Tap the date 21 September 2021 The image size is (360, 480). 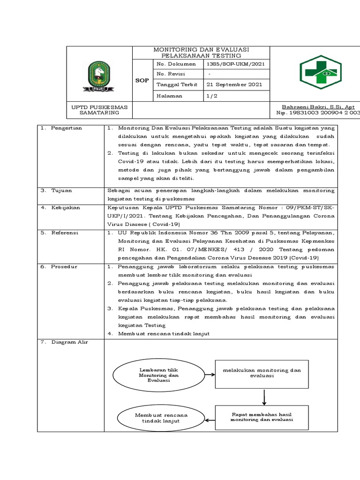click(231, 85)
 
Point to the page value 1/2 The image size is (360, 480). click(212, 96)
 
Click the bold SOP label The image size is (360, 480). click(142, 80)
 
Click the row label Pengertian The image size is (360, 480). click(67, 128)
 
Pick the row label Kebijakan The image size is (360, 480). click(66, 207)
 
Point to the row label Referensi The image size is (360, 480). click(66, 232)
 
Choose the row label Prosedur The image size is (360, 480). click(65, 267)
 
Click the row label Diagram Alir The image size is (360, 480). click(69, 342)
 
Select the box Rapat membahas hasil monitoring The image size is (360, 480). click(262, 417)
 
